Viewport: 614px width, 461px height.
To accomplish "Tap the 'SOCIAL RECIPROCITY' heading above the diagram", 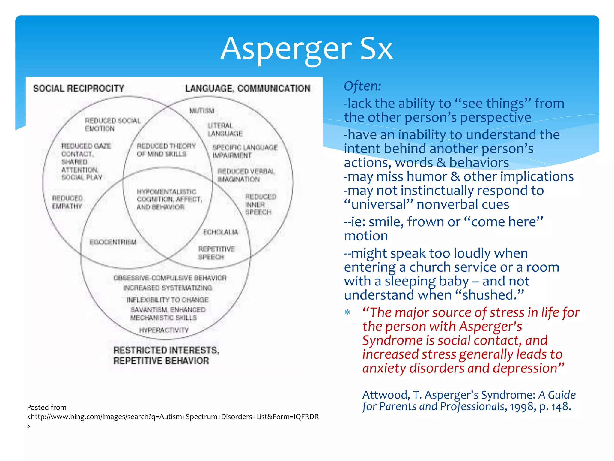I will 79,88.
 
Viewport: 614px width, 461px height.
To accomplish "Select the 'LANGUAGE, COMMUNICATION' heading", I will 248,88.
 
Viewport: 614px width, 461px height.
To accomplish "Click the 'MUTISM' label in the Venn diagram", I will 202,111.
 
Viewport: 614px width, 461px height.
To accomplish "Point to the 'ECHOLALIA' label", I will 221,232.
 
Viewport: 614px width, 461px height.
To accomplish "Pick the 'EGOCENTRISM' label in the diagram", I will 113,242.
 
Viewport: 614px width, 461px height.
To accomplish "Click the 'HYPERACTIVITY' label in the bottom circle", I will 164,330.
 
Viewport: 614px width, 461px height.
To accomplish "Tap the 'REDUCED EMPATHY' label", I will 67,202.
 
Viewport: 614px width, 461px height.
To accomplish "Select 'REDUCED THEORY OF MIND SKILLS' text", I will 166,150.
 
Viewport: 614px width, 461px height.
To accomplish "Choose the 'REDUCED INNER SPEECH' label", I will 260,204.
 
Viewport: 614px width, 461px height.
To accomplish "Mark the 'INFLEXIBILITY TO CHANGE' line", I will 167,300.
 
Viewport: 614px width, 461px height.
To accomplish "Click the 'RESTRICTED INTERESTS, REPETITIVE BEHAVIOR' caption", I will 166,355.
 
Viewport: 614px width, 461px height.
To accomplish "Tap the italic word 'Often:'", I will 362,86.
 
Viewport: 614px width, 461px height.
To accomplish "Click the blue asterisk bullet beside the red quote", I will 347,312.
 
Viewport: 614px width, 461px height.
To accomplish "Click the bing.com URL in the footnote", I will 173,417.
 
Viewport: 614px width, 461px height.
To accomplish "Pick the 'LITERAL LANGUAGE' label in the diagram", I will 225,129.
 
